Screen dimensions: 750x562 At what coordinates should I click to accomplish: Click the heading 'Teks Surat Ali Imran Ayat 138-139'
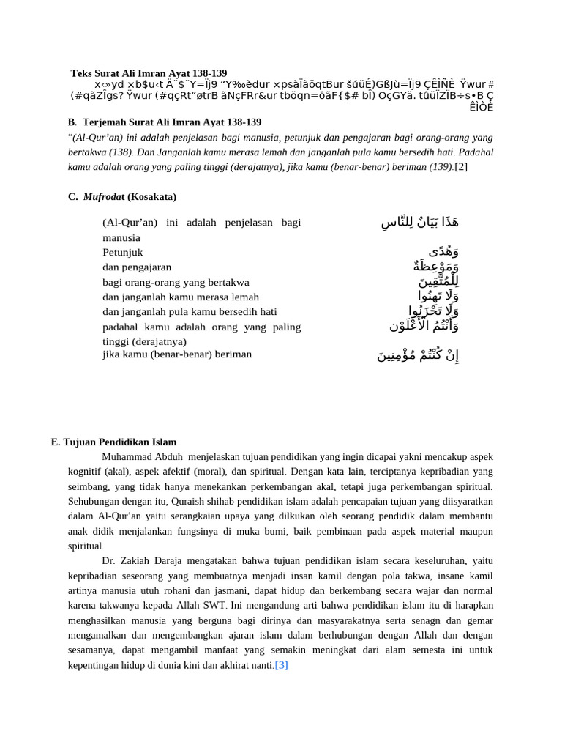click(149, 73)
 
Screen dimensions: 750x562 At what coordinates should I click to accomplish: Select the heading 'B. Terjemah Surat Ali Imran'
click(165, 122)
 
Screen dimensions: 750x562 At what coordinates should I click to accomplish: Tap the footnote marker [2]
click(461, 167)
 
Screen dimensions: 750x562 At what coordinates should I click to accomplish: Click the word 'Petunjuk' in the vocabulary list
click(123, 253)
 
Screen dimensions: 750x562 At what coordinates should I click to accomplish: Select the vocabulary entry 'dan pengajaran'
click(137, 267)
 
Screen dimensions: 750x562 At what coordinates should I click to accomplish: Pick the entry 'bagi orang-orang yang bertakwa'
click(176, 282)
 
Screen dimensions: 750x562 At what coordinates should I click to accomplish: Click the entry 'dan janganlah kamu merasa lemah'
click(181, 297)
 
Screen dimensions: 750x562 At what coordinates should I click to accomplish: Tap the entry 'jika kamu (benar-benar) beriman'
click(177, 354)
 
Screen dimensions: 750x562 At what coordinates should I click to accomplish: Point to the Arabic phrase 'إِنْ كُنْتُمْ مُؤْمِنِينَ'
click(418, 355)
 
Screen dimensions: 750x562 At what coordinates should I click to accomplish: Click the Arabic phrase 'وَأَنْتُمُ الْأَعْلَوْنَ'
click(424, 326)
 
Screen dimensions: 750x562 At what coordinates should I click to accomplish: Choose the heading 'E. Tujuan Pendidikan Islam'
click(113, 442)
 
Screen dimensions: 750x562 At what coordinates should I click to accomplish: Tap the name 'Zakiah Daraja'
click(156, 561)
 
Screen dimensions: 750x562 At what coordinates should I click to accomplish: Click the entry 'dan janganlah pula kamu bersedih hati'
click(190, 311)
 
